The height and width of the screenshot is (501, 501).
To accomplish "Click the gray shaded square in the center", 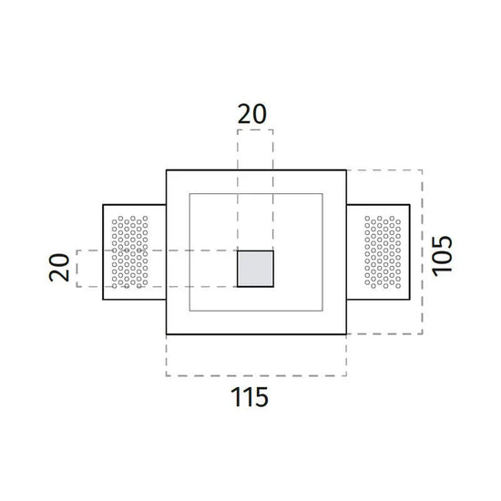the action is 255,269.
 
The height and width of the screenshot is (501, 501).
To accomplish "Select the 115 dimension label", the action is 250,397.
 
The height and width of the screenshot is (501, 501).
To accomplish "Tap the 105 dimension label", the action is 442,256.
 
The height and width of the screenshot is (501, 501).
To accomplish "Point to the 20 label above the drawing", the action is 252,114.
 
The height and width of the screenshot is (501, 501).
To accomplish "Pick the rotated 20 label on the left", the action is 59,268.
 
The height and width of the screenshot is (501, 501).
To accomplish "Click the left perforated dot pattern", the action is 129,251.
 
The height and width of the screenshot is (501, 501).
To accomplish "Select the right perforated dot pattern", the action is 383,251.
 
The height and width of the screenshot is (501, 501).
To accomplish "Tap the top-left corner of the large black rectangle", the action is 167,170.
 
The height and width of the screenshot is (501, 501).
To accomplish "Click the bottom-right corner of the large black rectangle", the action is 346,334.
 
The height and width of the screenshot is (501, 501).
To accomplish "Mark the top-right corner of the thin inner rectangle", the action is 322,194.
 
